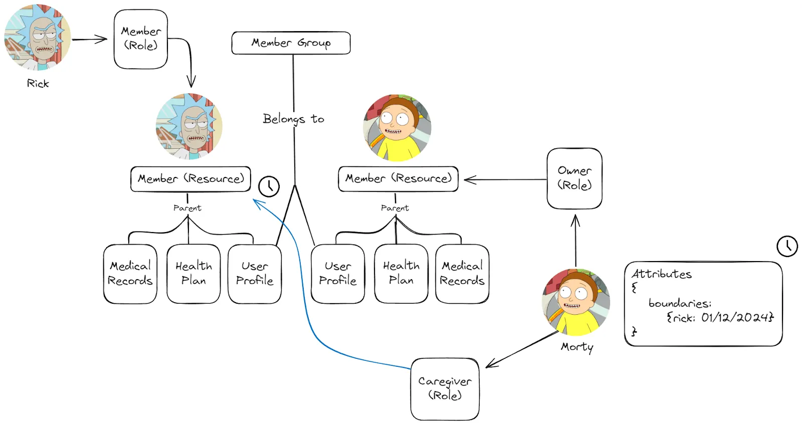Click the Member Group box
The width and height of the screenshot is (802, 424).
(291, 43)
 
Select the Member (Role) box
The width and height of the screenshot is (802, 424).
(141, 39)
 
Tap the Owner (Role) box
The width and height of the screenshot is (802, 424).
(574, 178)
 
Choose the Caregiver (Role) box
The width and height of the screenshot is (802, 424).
(445, 389)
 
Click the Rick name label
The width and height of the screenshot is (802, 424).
(38, 84)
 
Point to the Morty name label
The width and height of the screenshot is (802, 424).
(577, 347)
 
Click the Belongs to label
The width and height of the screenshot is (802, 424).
(293, 119)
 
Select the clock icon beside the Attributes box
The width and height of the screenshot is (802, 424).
(787, 246)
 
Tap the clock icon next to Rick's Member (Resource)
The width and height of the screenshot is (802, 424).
(269, 186)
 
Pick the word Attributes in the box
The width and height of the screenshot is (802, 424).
(661, 274)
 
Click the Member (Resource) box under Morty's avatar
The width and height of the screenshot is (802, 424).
(398, 179)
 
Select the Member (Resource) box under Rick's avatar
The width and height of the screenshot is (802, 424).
(190, 179)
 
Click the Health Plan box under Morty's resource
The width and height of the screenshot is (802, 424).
(401, 274)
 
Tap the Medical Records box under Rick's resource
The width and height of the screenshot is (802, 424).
(130, 274)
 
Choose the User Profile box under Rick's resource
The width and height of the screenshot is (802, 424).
(255, 274)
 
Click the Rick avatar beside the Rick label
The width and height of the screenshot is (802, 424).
(38, 38)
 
